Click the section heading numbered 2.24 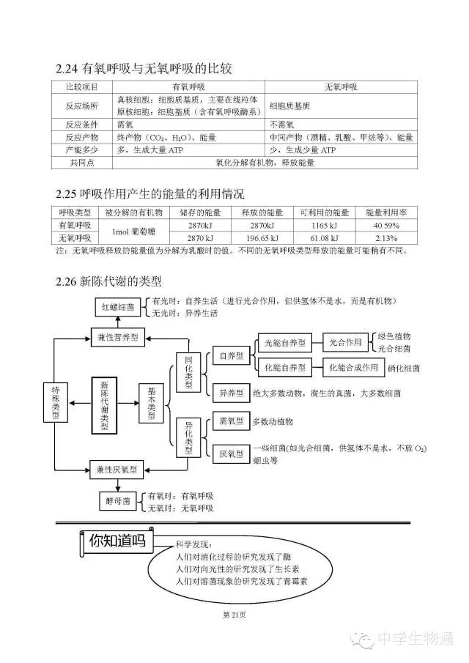144,70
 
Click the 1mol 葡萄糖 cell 132,232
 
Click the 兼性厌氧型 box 117,467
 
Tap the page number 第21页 234,614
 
